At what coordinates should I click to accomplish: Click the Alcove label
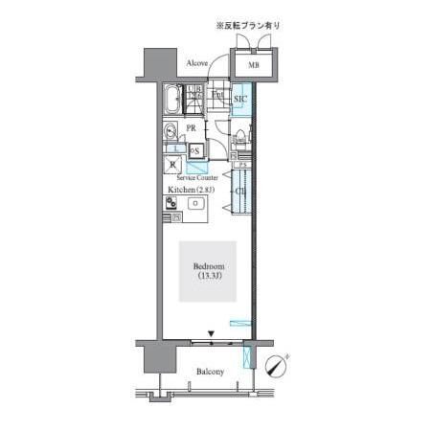click(198, 63)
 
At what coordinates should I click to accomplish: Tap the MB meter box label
click(253, 65)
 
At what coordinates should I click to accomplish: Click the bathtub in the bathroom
click(172, 99)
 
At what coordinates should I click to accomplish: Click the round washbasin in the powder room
click(170, 132)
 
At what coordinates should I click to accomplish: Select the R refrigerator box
click(172, 163)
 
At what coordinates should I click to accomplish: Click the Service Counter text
click(196, 178)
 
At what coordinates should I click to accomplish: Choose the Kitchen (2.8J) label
click(192, 190)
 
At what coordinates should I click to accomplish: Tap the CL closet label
click(238, 192)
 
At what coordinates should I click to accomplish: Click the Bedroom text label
click(208, 266)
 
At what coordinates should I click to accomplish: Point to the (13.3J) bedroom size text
click(208, 278)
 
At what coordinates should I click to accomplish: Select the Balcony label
click(211, 372)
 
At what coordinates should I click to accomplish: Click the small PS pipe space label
click(244, 165)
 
